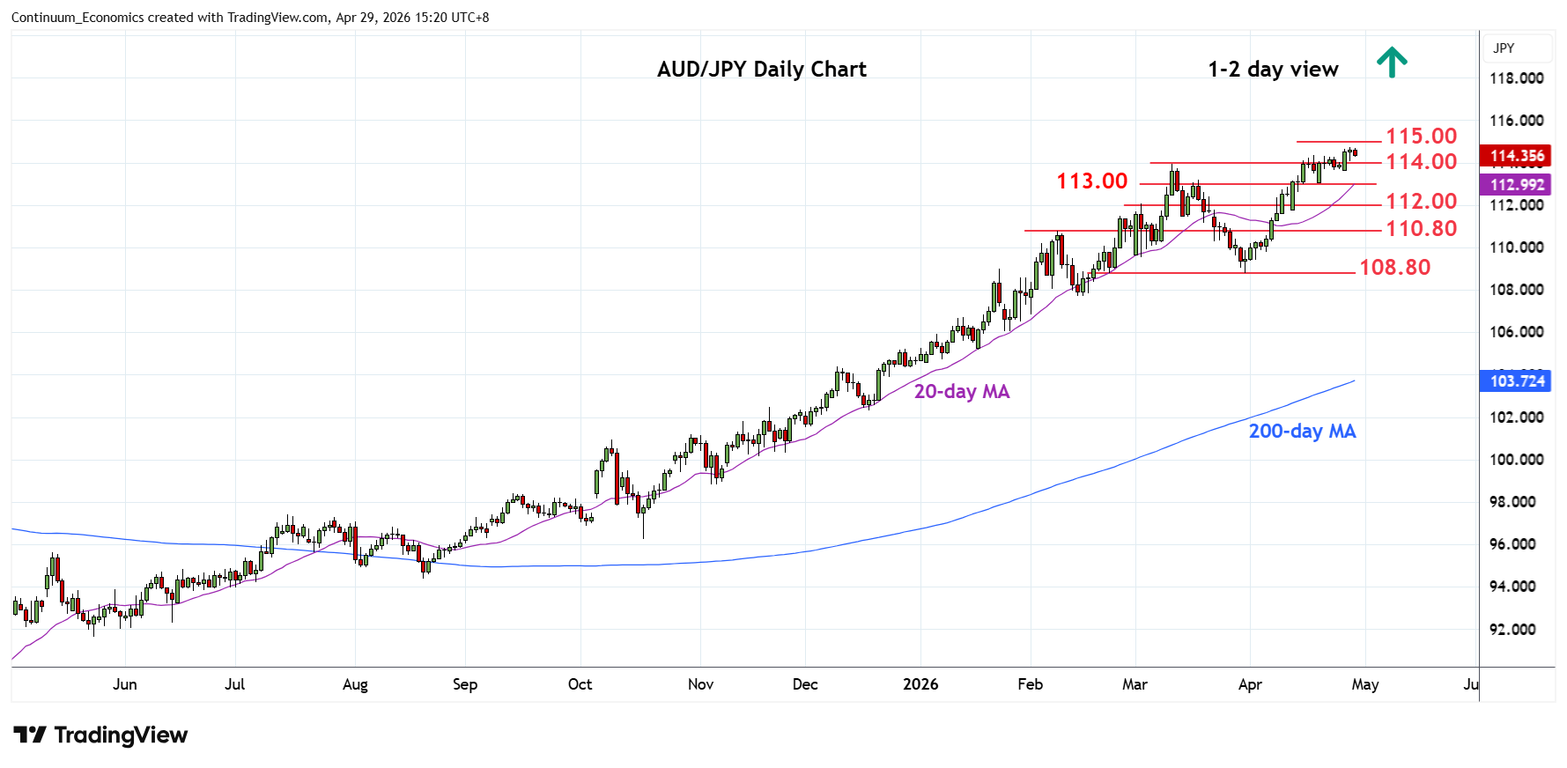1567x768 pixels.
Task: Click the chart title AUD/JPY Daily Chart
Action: click(x=761, y=70)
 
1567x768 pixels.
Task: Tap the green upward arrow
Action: click(x=1392, y=62)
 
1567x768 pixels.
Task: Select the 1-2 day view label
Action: click(x=1273, y=70)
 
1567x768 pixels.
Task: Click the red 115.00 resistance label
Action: click(x=1421, y=137)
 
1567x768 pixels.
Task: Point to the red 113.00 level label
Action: click(x=1091, y=181)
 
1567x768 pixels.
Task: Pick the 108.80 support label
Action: click(x=1394, y=268)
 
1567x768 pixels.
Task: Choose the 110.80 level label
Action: click(x=1421, y=229)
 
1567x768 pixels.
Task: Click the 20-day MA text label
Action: click(x=961, y=392)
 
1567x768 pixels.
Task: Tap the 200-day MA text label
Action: click(x=1302, y=432)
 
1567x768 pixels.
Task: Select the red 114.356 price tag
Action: click(x=1517, y=156)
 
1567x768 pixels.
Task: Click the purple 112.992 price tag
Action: click(x=1517, y=185)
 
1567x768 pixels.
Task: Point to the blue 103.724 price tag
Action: click(x=1517, y=381)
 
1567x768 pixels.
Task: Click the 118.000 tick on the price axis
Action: click(x=1516, y=78)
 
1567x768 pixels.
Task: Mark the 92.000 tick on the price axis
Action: click(x=1512, y=630)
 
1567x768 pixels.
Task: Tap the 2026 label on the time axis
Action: click(x=920, y=684)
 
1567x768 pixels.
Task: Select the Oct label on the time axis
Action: click(x=580, y=684)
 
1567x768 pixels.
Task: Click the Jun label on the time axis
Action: click(x=125, y=684)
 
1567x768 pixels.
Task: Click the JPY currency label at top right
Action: click(x=1504, y=48)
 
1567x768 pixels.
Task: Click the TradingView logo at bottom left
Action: click(x=101, y=735)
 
